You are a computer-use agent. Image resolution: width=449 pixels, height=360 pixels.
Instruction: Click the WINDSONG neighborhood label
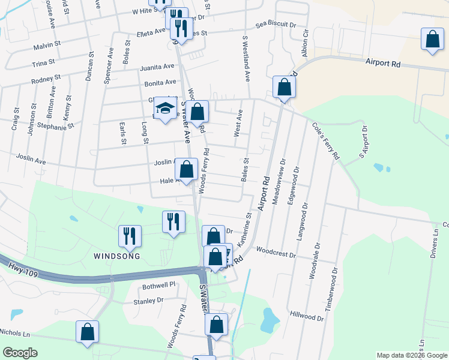pyautogui.click(x=116, y=256)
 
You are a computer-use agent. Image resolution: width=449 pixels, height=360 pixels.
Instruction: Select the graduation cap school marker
pyautogui.click(x=165, y=109)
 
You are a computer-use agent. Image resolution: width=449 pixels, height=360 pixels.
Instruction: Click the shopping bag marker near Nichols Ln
pyautogui.click(x=88, y=332)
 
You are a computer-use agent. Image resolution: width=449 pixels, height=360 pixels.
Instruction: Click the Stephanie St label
pyautogui.click(x=55, y=127)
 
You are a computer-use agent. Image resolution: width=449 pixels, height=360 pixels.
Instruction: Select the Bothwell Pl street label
pyautogui.click(x=158, y=286)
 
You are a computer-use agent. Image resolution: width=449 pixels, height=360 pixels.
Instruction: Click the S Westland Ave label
pyautogui.click(x=246, y=58)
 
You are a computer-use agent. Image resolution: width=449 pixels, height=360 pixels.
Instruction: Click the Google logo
pyautogui.click(x=20, y=353)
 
